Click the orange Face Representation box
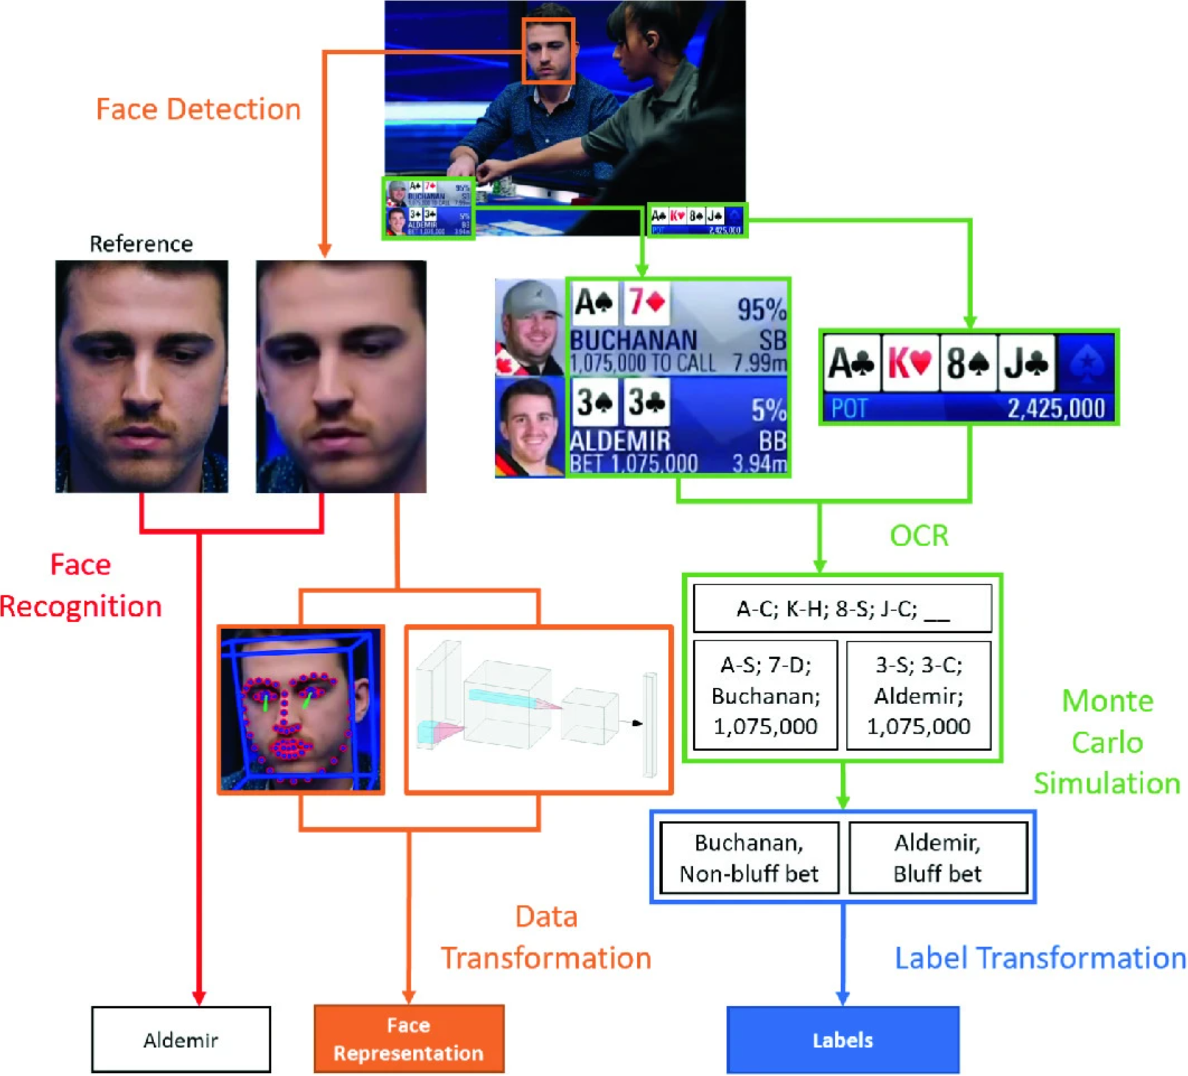[409, 1038]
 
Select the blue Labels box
[842, 1040]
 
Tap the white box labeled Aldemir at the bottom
[181, 1040]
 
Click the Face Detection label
[198, 109]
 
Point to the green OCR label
[918, 535]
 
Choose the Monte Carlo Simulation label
[1107, 742]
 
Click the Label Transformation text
[1040, 958]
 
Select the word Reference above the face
[141, 244]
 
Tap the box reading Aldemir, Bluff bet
[937, 858]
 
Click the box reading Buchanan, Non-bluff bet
[749, 858]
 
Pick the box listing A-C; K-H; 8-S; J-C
[842, 608]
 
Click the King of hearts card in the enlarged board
[910, 363]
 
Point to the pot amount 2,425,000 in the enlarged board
[1056, 409]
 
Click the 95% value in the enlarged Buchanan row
[761, 309]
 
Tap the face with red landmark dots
[301, 709]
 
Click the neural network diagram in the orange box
[539, 709]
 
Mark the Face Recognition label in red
[80, 585]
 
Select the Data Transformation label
[546, 937]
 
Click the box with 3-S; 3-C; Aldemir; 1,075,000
[918, 695]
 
